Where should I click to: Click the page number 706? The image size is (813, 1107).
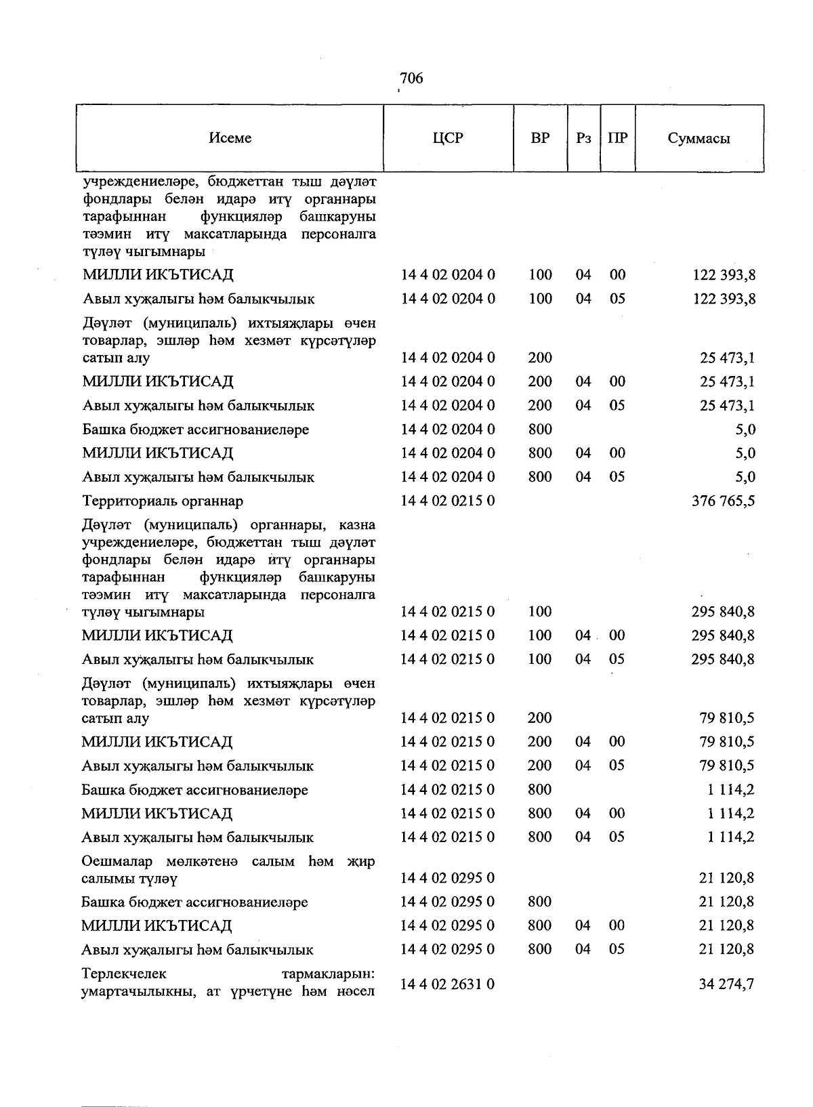point(411,79)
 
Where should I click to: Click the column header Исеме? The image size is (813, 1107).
point(230,138)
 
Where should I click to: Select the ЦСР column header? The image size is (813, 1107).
point(448,138)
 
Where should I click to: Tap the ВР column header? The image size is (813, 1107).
point(540,138)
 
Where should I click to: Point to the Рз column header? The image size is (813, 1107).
point(583,138)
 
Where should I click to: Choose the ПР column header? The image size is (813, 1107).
point(617,138)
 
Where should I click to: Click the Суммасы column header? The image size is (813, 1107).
point(699,139)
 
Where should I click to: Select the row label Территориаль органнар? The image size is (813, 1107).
point(163,501)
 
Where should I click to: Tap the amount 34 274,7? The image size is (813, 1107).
point(726,984)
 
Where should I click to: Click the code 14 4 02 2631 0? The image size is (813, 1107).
point(448,984)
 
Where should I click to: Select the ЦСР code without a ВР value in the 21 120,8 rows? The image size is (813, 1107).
point(448,878)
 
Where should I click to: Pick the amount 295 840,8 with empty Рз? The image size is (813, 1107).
point(722,612)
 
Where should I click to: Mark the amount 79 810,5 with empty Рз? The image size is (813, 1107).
point(726,718)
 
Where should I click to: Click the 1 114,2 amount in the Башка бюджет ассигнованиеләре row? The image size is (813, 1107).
point(730,790)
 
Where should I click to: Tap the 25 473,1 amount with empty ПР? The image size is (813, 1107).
point(726,358)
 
